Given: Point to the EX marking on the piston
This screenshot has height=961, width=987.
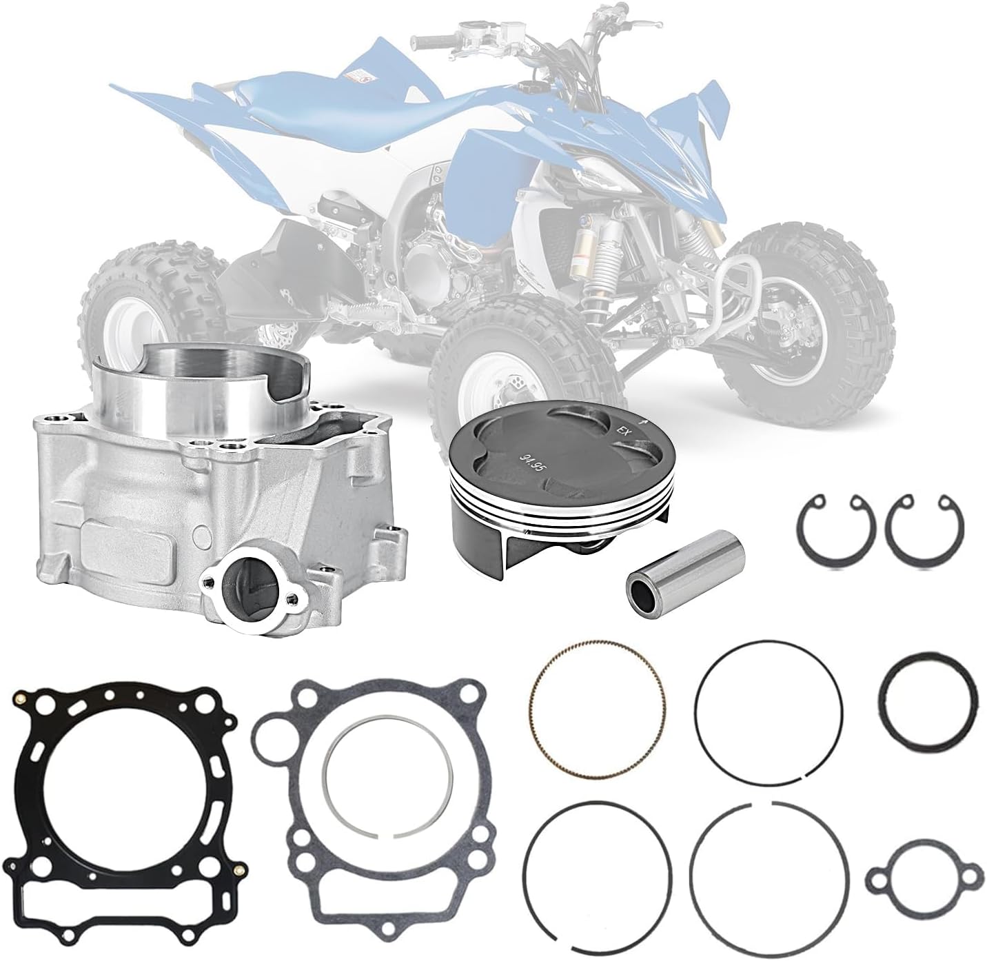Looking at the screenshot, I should [x=622, y=432].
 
